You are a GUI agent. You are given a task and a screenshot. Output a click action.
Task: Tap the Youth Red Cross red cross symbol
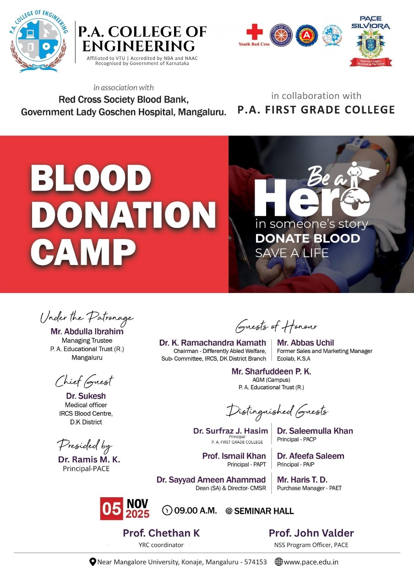click(254, 33)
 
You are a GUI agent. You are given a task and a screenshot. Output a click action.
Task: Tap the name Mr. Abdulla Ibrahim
click(87, 331)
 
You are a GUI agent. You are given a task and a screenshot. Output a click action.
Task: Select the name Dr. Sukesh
click(86, 396)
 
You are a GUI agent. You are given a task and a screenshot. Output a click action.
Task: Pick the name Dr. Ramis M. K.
click(89, 459)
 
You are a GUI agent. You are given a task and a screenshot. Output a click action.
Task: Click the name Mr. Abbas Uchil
click(305, 342)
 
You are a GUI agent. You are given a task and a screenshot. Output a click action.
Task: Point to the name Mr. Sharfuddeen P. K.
click(271, 371)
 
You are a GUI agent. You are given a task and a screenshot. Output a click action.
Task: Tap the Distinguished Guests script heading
click(277, 411)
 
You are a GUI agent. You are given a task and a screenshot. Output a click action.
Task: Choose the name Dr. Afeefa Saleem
click(310, 456)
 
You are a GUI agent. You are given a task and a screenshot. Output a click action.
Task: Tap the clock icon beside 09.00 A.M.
click(168, 510)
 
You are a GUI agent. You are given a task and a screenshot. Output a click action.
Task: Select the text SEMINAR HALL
click(264, 511)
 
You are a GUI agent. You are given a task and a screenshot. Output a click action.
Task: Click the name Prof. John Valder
click(311, 533)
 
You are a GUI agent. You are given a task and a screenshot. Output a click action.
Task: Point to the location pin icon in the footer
click(93, 562)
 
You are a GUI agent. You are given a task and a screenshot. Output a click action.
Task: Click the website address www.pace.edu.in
click(311, 562)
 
